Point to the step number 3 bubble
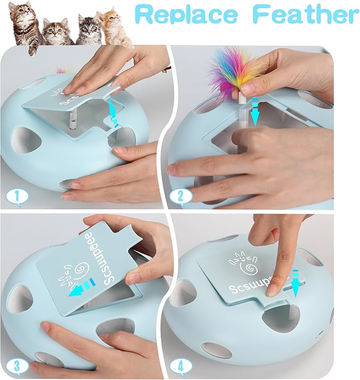click(x=16, y=366)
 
